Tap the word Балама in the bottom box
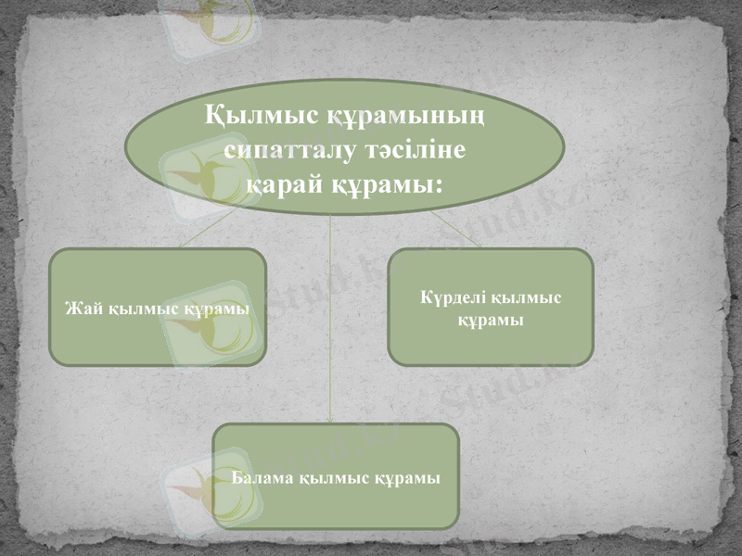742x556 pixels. coord(264,478)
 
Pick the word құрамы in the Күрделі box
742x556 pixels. coord(491,320)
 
